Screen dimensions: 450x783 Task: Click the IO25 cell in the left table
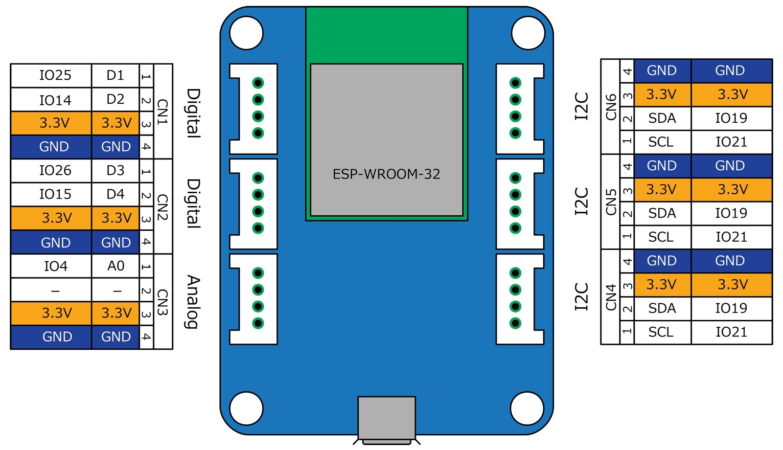55,75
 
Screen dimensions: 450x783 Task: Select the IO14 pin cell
55,100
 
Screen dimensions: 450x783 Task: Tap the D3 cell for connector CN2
115,171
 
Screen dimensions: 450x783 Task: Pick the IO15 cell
55,195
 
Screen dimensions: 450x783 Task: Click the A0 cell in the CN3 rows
115,266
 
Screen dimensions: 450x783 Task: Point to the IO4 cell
55,266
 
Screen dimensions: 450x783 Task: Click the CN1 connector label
162,112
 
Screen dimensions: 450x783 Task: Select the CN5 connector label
611,202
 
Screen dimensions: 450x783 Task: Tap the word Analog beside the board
193,302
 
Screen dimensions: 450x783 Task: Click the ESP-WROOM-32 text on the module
386,174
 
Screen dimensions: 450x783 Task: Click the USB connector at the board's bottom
386,418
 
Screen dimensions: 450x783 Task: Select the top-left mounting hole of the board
246,33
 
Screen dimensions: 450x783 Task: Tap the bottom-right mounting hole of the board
527,408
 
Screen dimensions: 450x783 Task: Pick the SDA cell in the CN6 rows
662,118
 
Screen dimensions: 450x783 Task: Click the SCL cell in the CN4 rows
661,332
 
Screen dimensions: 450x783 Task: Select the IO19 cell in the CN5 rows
731,213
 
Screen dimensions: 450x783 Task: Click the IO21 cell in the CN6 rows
731,142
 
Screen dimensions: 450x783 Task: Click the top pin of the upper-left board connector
258,83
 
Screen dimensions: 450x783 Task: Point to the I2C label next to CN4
581,296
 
